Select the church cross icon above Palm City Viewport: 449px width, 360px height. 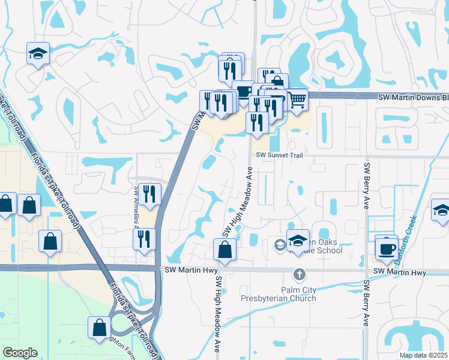(x=298, y=274)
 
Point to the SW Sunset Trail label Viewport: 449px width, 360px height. (x=277, y=155)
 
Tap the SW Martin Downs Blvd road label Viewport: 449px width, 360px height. (x=414, y=97)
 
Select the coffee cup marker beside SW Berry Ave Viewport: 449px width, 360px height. (x=386, y=247)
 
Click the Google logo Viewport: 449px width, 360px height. (x=20, y=353)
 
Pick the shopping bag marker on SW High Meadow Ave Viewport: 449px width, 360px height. (x=225, y=250)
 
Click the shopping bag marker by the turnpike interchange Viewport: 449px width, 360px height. (x=99, y=328)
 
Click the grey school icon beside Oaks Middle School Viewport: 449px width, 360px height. (x=280, y=245)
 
